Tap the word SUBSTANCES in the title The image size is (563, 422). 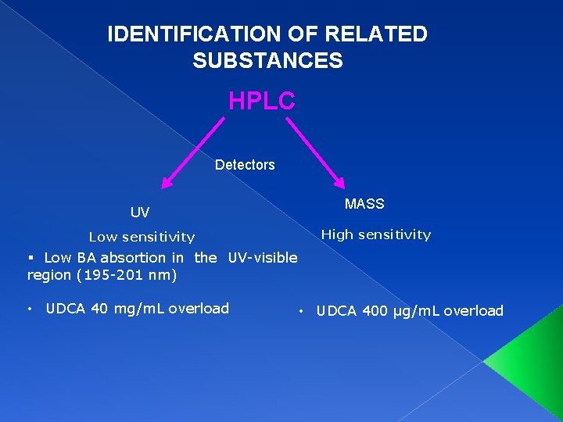pyautogui.click(x=267, y=61)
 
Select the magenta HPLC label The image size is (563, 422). pyautogui.click(x=261, y=101)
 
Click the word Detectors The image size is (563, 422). pyautogui.click(x=245, y=165)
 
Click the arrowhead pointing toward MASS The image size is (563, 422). pyautogui.click(x=339, y=181)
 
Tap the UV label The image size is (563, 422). pyautogui.click(x=140, y=213)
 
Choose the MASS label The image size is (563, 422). pyautogui.click(x=364, y=204)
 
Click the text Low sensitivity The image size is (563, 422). pyautogui.click(x=142, y=237)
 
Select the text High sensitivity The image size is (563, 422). pyautogui.click(x=376, y=234)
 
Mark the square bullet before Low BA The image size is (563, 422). pyautogui.click(x=32, y=258)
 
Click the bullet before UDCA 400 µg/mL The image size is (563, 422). pyautogui.click(x=301, y=312)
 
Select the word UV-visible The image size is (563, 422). pyautogui.click(x=263, y=257)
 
